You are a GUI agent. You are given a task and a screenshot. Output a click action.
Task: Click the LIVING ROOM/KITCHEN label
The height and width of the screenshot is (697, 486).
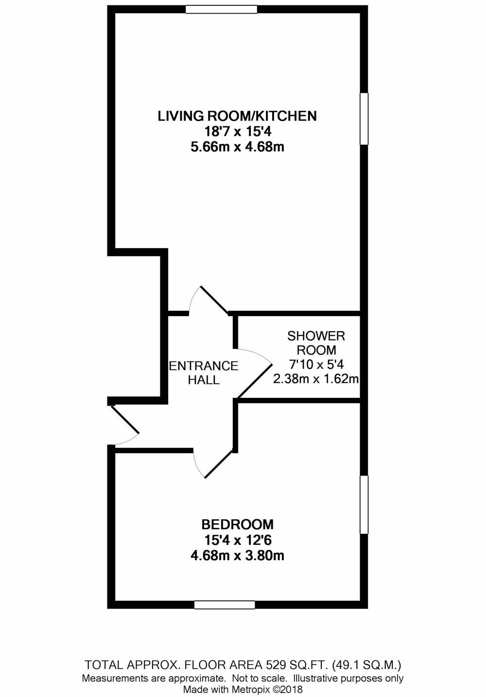click(x=237, y=116)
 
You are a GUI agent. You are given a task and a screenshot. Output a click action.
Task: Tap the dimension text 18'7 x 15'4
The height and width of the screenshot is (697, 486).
click(x=237, y=131)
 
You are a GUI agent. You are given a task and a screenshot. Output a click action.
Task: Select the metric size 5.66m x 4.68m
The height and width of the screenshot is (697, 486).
click(x=237, y=147)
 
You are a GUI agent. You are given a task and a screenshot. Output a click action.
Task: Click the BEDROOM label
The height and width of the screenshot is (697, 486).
click(x=237, y=525)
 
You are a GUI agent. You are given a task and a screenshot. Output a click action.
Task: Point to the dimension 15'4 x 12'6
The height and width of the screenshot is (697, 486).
click(x=237, y=540)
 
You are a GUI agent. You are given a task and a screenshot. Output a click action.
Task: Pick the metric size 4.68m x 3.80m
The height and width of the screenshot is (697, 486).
click(x=237, y=555)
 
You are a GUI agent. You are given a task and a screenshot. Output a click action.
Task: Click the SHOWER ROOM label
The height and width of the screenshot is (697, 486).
click(x=316, y=342)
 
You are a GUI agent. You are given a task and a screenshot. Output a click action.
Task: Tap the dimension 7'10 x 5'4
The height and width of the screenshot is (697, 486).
click(x=316, y=364)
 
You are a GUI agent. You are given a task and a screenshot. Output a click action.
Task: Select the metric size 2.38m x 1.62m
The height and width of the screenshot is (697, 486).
click(x=316, y=379)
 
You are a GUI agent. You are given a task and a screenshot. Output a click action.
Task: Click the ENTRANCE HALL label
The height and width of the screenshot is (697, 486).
click(x=204, y=373)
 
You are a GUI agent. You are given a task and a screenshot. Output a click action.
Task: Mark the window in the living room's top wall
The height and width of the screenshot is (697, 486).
click(x=221, y=9)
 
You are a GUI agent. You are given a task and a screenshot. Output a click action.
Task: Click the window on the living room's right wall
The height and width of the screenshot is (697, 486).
click(x=364, y=119)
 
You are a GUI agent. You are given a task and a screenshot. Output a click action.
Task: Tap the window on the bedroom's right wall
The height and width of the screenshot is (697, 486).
click(x=364, y=505)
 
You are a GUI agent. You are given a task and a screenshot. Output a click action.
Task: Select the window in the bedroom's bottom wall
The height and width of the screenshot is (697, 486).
click(x=225, y=605)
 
